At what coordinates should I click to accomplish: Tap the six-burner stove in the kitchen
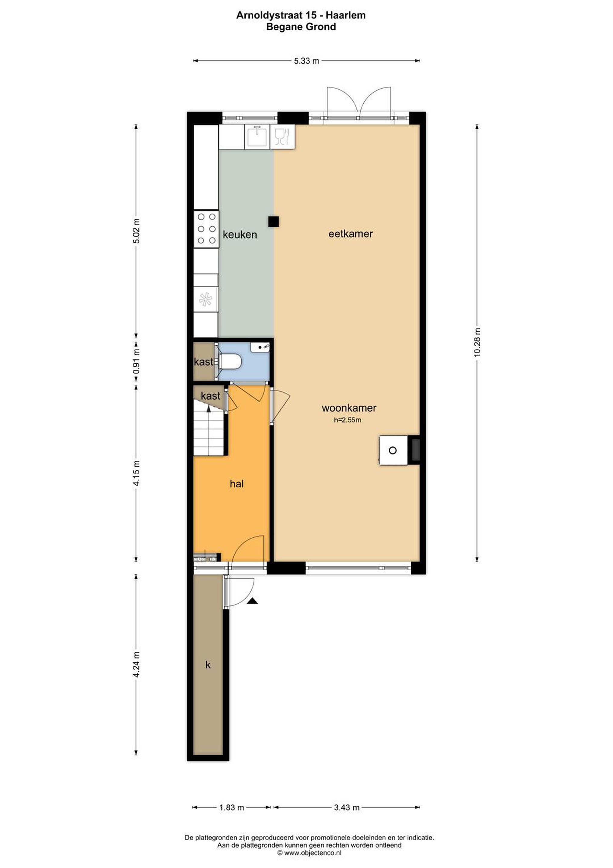pyautogui.click(x=206, y=229)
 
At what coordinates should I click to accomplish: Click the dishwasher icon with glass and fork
pyautogui.click(x=282, y=137)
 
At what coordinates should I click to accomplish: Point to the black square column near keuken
pyautogui.click(x=273, y=221)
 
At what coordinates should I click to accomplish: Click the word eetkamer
pyautogui.click(x=350, y=234)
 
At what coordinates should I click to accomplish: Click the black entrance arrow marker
pyautogui.click(x=252, y=601)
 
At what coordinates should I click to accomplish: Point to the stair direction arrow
pyautogui.click(x=208, y=409)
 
